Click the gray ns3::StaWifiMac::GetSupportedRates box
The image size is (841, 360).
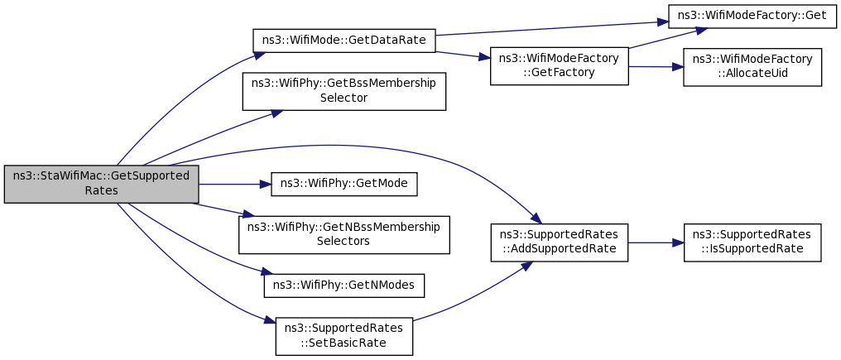point(101,184)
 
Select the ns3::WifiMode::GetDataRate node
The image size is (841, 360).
point(344,41)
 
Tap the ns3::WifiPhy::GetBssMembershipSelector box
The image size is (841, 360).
point(344,92)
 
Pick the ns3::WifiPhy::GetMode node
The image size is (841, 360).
point(344,184)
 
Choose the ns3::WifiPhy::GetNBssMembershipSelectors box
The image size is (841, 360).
point(344,235)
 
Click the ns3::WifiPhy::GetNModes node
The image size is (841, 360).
point(344,286)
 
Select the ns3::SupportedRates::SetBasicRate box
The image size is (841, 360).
point(344,336)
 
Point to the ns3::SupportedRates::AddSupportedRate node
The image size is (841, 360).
point(559,242)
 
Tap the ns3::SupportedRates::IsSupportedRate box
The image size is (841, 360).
point(752,242)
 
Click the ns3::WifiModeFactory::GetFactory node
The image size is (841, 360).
point(559,66)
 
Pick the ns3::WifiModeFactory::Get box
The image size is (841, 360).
point(752,16)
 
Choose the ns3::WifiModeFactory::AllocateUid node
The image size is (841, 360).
point(752,67)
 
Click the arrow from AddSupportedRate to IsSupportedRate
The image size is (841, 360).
point(656,242)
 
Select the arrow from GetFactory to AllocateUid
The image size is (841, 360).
point(656,66)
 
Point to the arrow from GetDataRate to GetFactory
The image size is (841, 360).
point(463,55)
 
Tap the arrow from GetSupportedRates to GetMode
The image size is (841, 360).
point(235,184)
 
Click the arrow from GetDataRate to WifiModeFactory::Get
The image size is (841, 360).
point(551,28)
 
